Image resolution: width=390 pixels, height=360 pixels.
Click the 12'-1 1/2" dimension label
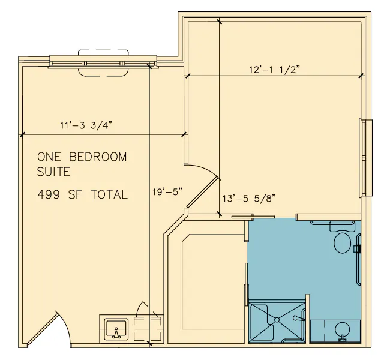pos(274,70)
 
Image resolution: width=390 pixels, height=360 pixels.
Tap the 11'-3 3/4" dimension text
pos(86,125)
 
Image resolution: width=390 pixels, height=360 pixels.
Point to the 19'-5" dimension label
pos(167,192)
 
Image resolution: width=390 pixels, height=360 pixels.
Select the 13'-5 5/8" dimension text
pos(249,199)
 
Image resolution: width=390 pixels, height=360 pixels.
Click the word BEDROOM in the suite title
pos(98,157)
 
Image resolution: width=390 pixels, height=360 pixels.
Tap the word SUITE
pos(53,172)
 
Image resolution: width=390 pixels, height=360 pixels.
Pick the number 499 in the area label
pos(49,194)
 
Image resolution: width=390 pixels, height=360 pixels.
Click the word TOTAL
pos(109,194)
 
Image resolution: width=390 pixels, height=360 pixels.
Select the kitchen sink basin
pos(116,329)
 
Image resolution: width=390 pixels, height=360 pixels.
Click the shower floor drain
pos(277,320)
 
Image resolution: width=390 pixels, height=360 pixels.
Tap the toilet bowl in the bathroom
pos(342,242)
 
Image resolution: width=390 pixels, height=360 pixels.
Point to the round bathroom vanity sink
pos(342,329)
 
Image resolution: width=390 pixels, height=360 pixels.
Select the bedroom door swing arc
pos(206,170)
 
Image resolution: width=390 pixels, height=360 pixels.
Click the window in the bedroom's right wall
pos(365,158)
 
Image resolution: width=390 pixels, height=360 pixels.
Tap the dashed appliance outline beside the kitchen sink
pos(148,328)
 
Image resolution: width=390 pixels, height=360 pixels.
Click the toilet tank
pos(342,226)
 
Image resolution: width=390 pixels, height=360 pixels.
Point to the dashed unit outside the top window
pos(103,63)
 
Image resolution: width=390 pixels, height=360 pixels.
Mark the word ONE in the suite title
pos(49,157)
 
